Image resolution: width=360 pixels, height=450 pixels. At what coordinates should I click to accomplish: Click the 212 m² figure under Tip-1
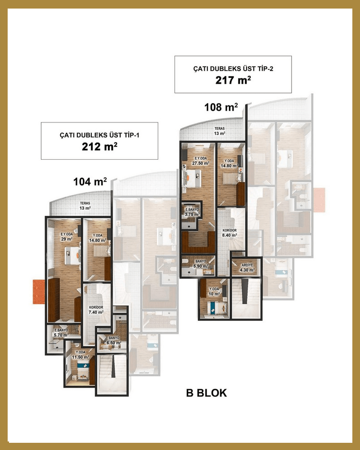point(99,147)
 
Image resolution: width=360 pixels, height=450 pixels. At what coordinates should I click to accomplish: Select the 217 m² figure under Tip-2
point(233,80)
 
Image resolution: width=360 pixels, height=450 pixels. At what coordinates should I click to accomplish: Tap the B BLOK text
point(207,393)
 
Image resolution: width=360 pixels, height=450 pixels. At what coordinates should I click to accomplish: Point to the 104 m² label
point(90,181)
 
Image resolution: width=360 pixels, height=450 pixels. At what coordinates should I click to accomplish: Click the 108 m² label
point(221,107)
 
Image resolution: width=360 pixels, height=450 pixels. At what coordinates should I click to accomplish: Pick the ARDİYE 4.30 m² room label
point(247,268)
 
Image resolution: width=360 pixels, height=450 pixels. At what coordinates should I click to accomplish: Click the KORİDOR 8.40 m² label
point(229,233)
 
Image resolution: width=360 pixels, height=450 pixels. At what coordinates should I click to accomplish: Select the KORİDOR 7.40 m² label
point(96,310)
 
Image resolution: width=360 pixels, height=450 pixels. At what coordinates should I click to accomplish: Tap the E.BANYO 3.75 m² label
point(192,212)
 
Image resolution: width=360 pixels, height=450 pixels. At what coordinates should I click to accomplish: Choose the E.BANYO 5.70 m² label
point(61,333)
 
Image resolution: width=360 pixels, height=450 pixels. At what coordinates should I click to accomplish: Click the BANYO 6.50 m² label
point(114,340)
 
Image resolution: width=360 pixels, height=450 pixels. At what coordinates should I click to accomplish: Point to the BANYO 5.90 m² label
point(201,264)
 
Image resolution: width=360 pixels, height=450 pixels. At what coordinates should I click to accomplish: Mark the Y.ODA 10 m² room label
point(214,292)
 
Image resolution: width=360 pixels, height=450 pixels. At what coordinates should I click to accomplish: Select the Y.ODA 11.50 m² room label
point(81,355)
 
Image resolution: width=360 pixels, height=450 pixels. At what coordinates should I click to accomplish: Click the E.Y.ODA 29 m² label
point(67,237)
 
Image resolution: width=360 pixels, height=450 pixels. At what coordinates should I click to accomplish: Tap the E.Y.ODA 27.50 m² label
point(201,161)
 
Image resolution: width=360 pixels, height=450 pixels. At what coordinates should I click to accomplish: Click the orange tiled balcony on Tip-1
point(39,292)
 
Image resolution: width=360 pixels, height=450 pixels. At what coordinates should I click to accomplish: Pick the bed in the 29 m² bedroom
point(72,255)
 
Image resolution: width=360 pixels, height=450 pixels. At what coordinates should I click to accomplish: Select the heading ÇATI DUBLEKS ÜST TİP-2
point(233,68)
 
